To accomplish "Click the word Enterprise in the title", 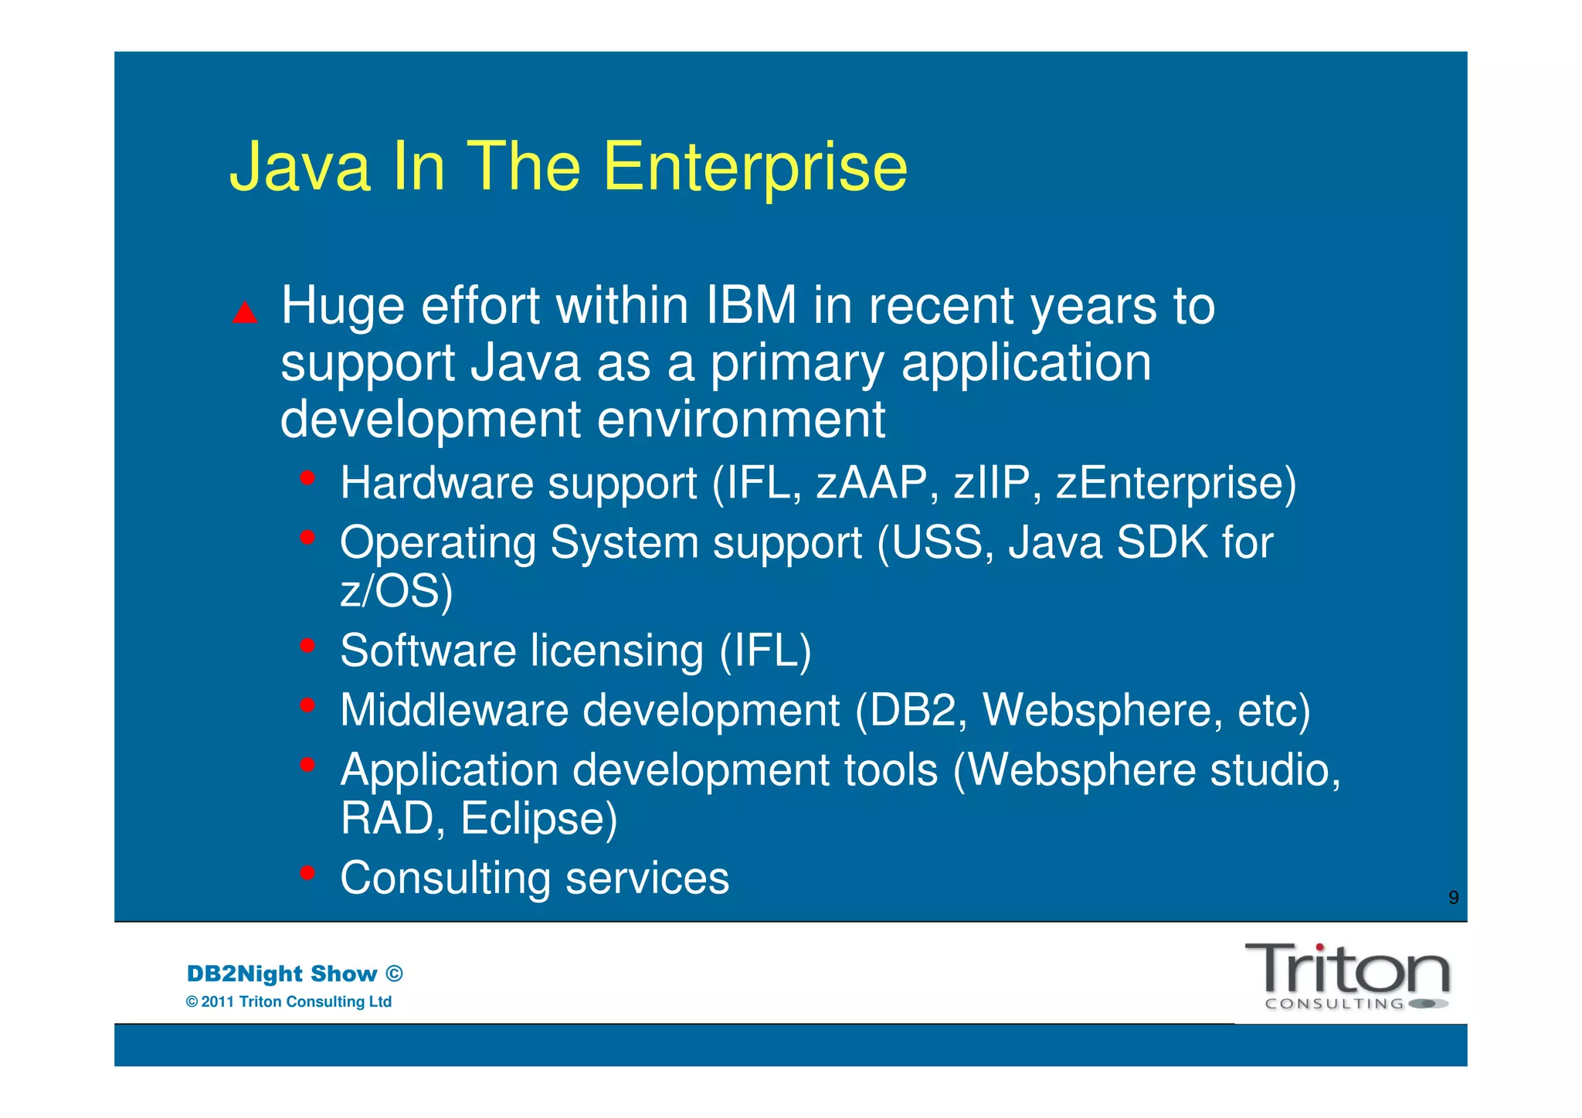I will (x=755, y=168).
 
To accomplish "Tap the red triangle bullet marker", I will (x=245, y=313).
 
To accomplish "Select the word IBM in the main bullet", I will (x=751, y=306).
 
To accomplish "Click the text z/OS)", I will (x=396, y=592).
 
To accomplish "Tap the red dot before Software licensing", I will (x=307, y=645).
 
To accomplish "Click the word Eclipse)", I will (x=538, y=819).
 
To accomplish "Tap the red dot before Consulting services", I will (x=307, y=873).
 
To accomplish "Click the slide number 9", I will (x=1453, y=898).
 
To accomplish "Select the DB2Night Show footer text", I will (x=294, y=974).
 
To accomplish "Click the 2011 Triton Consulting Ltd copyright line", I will (x=289, y=1002).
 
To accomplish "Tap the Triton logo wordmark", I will (x=1347, y=970).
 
